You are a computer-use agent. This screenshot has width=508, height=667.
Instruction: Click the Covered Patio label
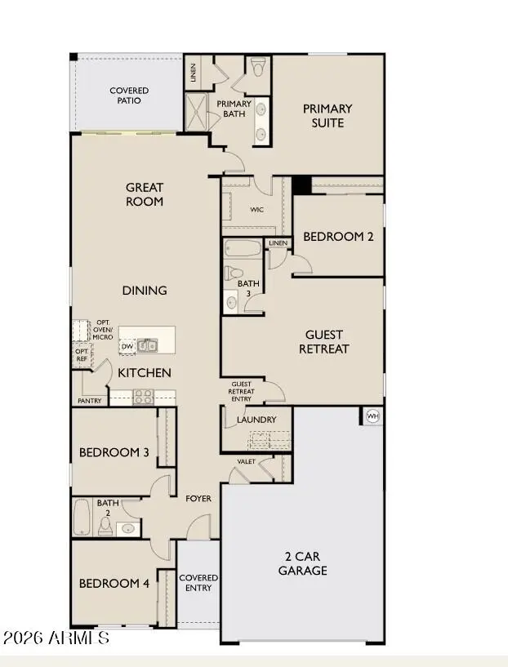click(129, 96)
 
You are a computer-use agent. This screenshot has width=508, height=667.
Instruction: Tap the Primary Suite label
click(327, 115)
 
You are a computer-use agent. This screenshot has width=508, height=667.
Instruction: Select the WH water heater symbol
click(373, 416)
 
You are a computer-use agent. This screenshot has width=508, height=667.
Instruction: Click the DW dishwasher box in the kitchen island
click(127, 346)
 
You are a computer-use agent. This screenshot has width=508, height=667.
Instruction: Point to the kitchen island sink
click(148, 345)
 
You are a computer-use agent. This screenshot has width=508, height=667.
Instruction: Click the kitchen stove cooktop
click(144, 398)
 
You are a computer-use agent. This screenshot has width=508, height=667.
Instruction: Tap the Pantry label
click(89, 401)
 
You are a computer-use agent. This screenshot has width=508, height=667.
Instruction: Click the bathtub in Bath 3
click(241, 249)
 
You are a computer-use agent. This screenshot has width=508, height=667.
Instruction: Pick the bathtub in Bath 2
click(82, 518)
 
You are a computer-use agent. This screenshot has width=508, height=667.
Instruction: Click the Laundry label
click(256, 420)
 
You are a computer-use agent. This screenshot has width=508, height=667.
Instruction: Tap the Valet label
click(247, 462)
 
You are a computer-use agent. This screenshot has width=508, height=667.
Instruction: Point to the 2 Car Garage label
click(302, 563)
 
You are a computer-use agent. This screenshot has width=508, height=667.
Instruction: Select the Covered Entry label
click(198, 583)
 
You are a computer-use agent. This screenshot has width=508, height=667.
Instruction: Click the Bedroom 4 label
click(114, 584)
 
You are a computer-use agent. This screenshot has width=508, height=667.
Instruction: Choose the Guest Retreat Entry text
click(242, 391)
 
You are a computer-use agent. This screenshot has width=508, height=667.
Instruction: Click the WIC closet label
click(257, 210)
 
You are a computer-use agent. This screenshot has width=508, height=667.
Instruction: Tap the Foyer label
click(198, 498)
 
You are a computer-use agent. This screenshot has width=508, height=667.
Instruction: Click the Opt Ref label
click(82, 354)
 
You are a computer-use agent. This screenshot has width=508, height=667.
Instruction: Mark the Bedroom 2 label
click(338, 237)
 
